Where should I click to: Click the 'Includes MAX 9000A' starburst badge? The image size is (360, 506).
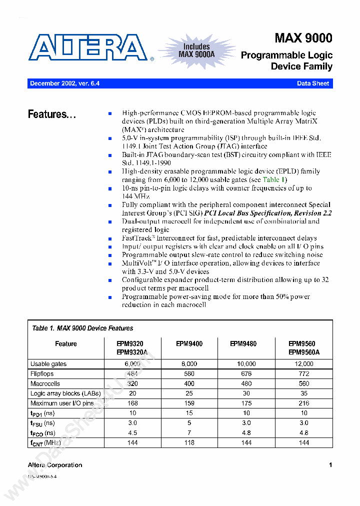[x=196, y=50]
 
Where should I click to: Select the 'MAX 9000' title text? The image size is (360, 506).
[x=303, y=38]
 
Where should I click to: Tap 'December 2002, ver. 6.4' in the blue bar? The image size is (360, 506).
[x=65, y=83]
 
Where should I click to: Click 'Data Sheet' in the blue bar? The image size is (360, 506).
[x=313, y=83]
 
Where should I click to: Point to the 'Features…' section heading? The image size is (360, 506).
[x=52, y=114]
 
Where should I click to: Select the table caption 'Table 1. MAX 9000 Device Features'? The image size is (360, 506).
[x=82, y=328]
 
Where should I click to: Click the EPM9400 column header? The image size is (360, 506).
[x=189, y=344]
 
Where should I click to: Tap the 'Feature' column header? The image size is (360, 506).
[x=66, y=344]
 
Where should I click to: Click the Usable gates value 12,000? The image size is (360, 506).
[x=303, y=364]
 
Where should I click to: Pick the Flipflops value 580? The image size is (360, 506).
[x=189, y=374]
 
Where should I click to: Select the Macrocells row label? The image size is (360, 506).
[x=45, y=384]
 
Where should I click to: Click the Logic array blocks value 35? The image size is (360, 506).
[x=303, y=393]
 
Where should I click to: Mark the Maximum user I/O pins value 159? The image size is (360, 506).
[x=189, y=403]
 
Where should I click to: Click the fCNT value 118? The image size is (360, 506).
[x=189, y=443]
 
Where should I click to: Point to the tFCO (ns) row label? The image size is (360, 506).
[x=43, y=433]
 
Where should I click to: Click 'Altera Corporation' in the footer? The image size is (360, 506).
[x=55, y=465]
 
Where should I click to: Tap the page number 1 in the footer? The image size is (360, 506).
[x=330, y=465]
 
